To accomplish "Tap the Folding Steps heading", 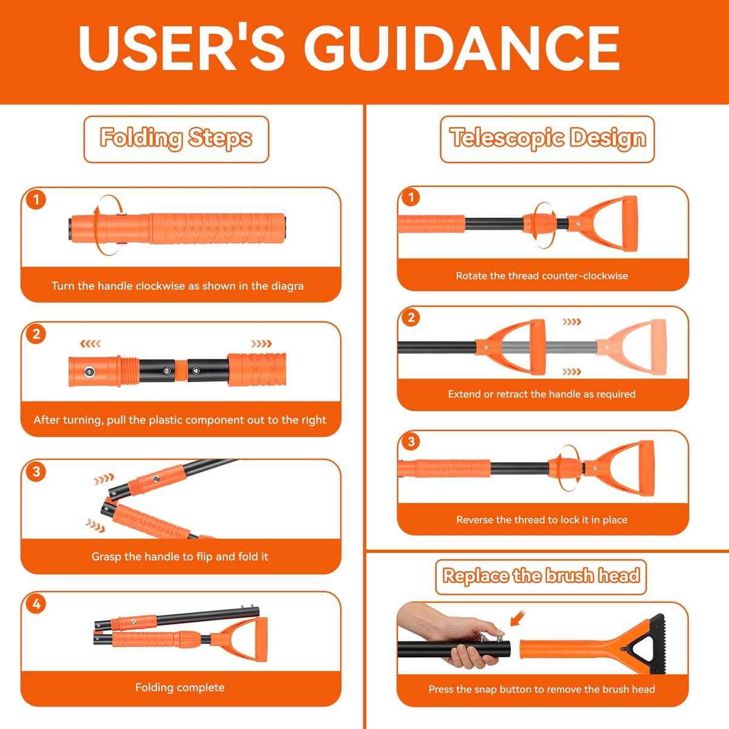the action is pyautogui.click(x=176, y=138).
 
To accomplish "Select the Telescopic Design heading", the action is pyautogui.click(x=547, y=138).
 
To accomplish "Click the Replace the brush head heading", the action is pyautogui.click(x=541, y=575).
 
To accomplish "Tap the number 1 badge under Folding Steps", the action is pyautogui.click(x=36, y=199).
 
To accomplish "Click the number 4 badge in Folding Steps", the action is pyautogui.click(x=36, y=603).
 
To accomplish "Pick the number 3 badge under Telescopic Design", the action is pyautogui.click(x=411, y=441).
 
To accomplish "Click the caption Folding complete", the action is pyautogui.click(x=180, y=687).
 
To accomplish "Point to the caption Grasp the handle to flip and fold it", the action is pyautogui.click(x=180, y=556).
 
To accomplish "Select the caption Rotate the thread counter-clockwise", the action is pyautogui.click(x=542, y=276).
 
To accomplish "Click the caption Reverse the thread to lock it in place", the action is pyautogui.click(x=542, y=520).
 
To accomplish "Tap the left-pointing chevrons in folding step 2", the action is pyautogui.click(x=91, y=343).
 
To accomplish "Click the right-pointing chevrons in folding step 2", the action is pyautogui.click(x=261, y=343).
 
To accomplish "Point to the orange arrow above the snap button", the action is pyautogui.click(x=518, y=618).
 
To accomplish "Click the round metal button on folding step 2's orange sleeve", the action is pyautogui.click(x=89, y=372).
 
